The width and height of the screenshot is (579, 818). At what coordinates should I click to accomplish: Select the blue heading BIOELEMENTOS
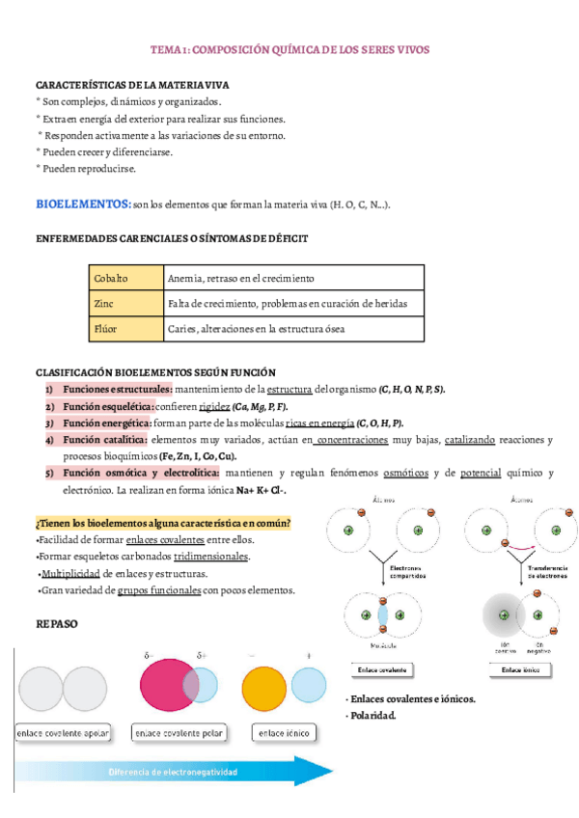pos(83,204)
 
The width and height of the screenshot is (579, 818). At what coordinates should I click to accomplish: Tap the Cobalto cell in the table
pos(110,278)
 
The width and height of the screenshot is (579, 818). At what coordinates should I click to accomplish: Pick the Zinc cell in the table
pos(103,303)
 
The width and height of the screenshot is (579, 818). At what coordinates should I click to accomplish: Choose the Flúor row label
pos(105,329)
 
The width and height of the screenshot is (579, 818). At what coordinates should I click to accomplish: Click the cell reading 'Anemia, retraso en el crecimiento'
pos(240,278)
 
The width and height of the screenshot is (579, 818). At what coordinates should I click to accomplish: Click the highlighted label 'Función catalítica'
pos(105,440)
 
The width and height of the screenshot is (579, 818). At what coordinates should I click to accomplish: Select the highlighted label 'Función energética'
pos(107,423)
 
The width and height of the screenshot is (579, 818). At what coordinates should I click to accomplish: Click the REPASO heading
pos(57,624)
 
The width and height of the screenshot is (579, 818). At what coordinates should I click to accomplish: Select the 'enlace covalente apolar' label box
pos(64,733)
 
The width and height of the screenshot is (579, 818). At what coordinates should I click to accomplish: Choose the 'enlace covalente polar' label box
pos(180,733)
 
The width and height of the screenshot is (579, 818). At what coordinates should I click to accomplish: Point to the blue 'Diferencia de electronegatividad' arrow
pos(174,773)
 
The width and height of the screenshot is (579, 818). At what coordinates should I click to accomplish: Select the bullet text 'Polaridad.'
pos(372,716)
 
